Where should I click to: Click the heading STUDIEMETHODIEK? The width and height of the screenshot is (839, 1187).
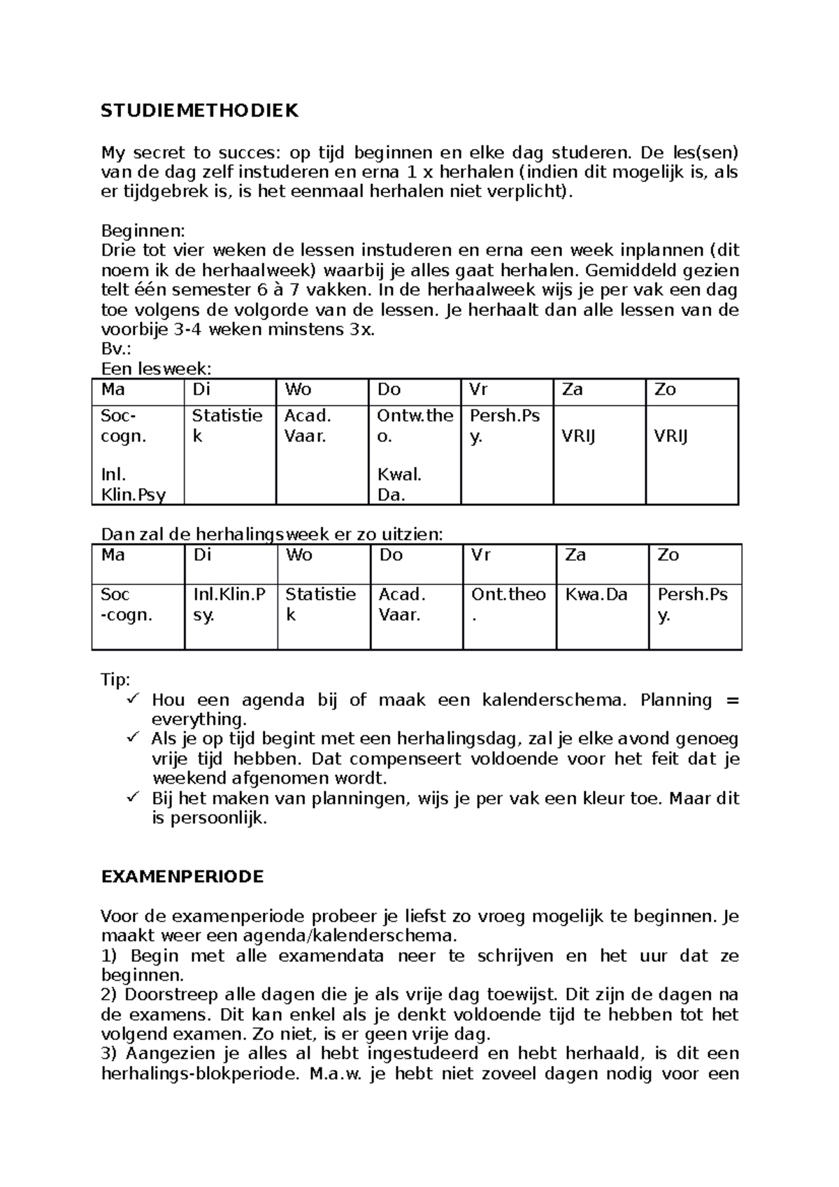pyautogui.click(x=200, y=111)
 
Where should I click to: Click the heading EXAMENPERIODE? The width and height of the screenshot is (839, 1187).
pyautogui.click(x=182, y=877)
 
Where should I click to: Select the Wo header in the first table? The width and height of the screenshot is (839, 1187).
pyautogui.click(x=298, y=389)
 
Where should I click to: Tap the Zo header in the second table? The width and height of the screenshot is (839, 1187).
pyautogui.click(x=668, y=555)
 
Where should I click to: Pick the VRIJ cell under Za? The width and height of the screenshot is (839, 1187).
pyautogui.click(x=579, y=437)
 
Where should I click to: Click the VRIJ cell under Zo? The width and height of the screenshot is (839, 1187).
pyautogui.click(x=671, y=437)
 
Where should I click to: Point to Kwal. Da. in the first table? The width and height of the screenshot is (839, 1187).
pyautogui.click(x=400, y=485)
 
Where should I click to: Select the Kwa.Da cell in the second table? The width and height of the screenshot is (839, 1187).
pyautogui.click(x=596, y=595)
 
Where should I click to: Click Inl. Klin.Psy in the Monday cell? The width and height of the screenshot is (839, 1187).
pyautogui.click(x=133, y=485)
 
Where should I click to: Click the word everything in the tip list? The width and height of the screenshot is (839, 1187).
pyautogui.click(x=198, y=720)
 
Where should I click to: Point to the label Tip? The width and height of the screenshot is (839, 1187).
pyautogui.click(x=116, y=680)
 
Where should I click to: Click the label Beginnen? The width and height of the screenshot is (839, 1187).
pyautogui.click(x=143, y=231)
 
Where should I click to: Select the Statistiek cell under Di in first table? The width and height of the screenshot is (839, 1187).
pyautogui.click(x=227, y=425)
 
